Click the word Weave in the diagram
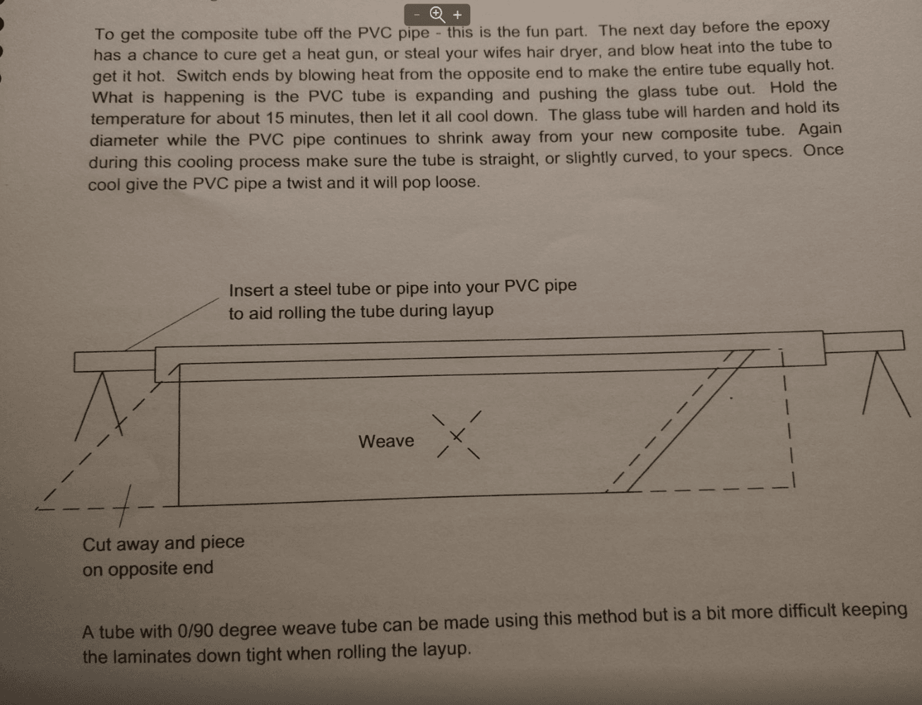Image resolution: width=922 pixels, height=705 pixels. [386, 441]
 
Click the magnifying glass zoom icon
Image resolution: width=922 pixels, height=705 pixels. [437, 15]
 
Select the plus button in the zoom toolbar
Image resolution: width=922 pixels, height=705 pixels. [457, 15]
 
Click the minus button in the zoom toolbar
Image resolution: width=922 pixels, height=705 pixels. [417, 15]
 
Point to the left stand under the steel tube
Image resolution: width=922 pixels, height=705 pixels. [100, 405]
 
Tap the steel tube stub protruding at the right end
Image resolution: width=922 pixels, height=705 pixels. [863, 341]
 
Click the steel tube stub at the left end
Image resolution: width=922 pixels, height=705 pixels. [114, 361]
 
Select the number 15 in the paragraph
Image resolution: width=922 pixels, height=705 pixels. [275, 118]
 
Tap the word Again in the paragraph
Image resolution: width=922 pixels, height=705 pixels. [820, 130]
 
